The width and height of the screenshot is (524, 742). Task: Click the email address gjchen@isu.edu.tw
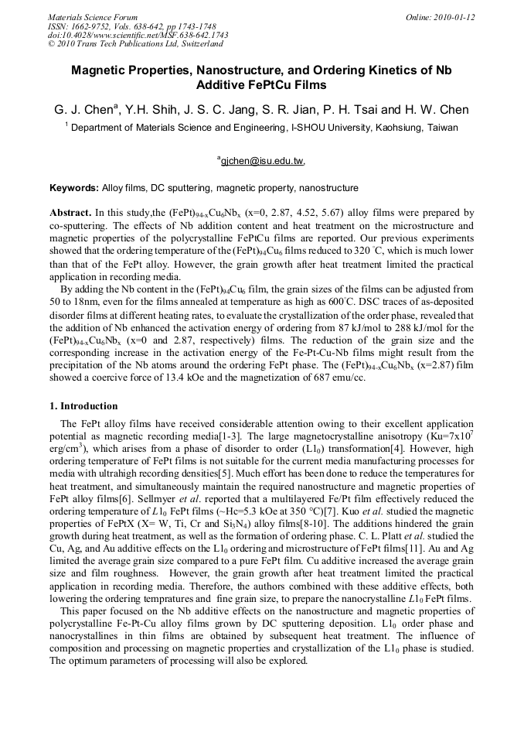point(262,162)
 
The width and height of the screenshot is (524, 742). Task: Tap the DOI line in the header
point(138,35)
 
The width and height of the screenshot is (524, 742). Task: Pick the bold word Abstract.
point(70,211)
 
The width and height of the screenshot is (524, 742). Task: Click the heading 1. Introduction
point(83,406)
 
